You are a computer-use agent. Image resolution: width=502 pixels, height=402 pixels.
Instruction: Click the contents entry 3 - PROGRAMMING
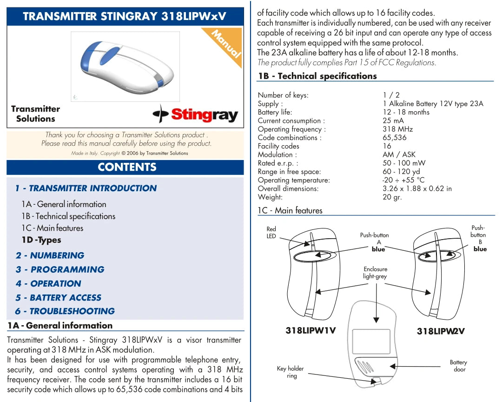point(60,269)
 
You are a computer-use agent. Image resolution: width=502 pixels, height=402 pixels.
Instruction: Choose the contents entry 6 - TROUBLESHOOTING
point(65,311)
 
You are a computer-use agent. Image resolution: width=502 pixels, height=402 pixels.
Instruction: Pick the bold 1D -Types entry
point(41,240)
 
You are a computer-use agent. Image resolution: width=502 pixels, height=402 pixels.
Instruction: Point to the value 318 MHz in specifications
point(397,129)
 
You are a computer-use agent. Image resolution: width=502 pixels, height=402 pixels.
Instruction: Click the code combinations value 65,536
point(394,138)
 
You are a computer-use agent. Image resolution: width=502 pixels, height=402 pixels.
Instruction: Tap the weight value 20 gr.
point(392,197)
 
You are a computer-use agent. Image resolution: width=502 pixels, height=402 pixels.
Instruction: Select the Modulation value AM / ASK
point(399,154)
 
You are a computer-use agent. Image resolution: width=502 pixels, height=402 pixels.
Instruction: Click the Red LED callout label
point(271,233)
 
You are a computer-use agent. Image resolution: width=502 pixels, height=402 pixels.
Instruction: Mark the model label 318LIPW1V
point(310,331)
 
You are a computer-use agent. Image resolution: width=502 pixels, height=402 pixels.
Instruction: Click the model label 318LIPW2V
point(440,331)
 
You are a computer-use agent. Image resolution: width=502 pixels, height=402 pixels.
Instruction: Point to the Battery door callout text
point(458,366)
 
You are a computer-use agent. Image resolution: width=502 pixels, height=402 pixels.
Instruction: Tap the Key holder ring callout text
point(290,372)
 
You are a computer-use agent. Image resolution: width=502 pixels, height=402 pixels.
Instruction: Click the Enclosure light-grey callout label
point(375,273)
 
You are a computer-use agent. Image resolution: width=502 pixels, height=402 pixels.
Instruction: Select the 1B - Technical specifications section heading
point(317,76)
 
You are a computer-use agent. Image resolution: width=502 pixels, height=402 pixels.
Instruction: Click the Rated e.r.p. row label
point(277,163)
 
